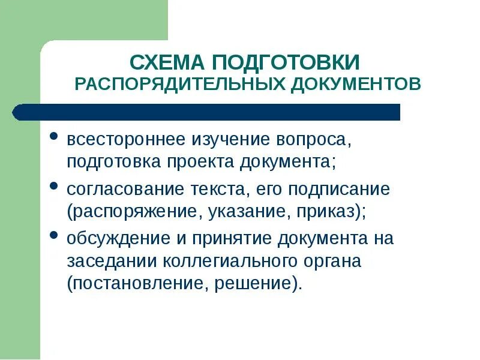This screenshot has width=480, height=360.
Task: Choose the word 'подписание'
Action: tap(339, 190)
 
